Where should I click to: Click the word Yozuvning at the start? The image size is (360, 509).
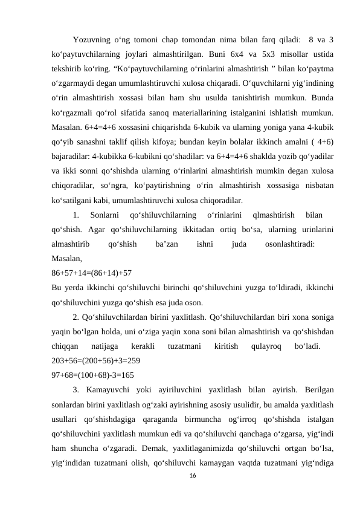click(92, 41)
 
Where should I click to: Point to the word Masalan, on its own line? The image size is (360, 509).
click(66, 258)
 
